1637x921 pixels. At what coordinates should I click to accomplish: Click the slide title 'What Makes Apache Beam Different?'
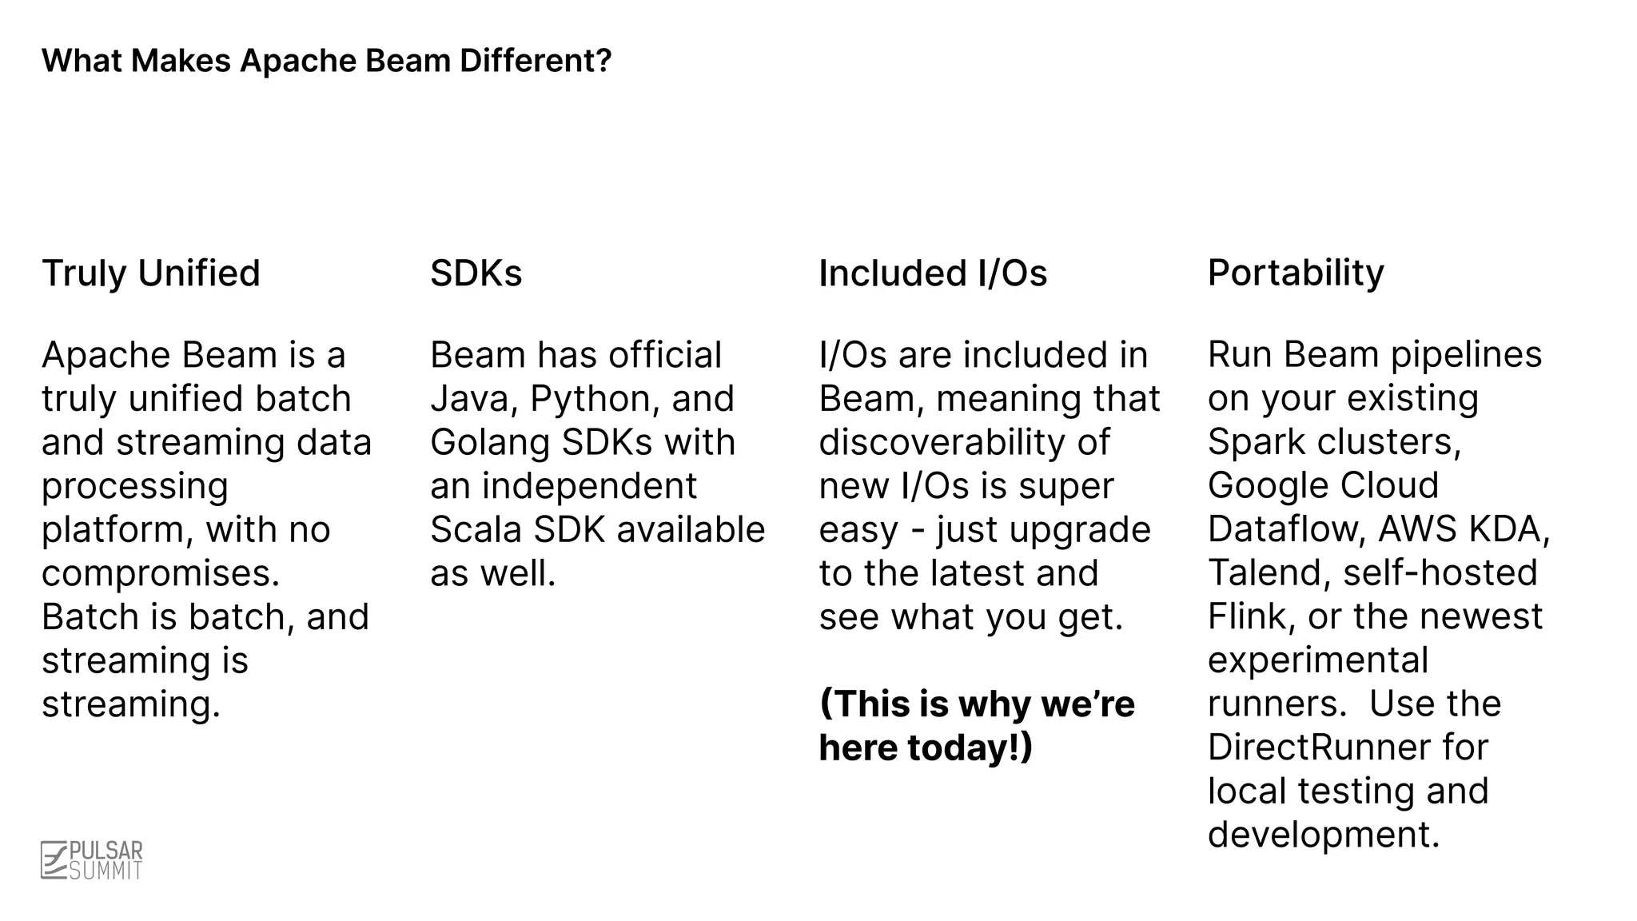(326, 61)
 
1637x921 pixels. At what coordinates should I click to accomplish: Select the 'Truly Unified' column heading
(151, 273)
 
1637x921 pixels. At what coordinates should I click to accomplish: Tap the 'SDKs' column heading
(476, 273)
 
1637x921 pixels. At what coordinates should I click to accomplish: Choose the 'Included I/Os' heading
(933, 273)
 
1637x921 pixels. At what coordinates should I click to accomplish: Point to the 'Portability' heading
(1295, 273)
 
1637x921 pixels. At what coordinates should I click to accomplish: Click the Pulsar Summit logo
(92, 860)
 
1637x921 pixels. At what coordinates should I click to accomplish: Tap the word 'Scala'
(476, 530)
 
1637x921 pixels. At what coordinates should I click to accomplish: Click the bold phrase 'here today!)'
(926, 748)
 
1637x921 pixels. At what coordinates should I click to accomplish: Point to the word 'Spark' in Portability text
(1253, 442)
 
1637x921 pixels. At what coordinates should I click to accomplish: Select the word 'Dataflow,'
(1286, 529)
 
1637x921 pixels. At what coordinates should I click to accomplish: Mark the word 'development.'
(1324, 835)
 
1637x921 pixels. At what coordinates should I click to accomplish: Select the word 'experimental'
(1317, 660)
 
